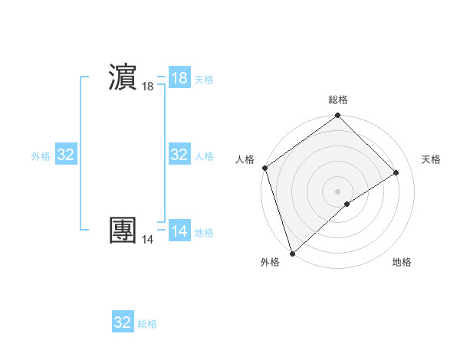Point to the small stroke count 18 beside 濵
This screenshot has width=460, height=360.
pos(148,87)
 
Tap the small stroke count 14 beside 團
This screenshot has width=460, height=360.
pos(148,240)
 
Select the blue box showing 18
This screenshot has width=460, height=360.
pos(179,78)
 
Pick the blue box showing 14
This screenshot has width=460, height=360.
pos(179,231)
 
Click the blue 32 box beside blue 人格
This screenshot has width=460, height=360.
pos(179,155)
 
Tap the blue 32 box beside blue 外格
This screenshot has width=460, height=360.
pos(66,155)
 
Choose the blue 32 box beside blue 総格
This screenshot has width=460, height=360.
pos(123,322)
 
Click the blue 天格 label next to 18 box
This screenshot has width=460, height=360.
pos(204,80)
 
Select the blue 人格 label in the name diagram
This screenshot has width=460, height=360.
pos(204,156)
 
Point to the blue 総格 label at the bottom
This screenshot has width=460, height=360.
pos(147,324)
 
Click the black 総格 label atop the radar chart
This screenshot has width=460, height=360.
pos(338,100)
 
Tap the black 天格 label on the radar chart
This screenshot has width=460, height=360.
pos(432,159)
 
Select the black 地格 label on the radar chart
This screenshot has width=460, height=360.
pos(402,262)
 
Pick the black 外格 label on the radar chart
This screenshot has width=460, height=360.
pos(270,262)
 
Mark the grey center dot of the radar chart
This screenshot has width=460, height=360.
pos(337,191)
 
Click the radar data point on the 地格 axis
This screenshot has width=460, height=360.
pos(347,204)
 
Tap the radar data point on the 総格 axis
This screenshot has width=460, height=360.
pos(337,116)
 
